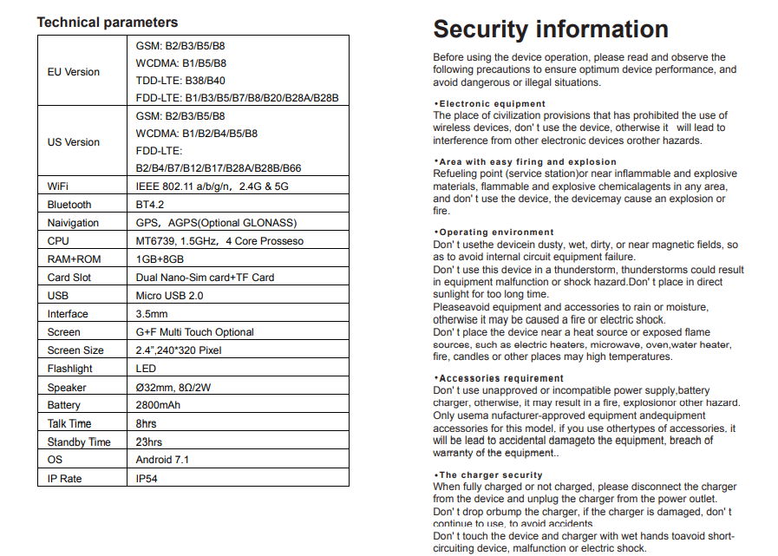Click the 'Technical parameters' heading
(108, 23)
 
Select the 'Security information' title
(551, 29)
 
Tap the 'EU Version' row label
(74, 72)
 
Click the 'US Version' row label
(74, 142)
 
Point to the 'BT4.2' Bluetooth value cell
(150, 205)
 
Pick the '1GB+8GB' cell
(160, 259)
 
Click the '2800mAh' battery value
(158, 405)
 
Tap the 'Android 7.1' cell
(162, 460)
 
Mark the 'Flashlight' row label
(70, 369)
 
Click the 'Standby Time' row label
(79, 442)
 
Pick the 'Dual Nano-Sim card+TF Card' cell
(205, 278)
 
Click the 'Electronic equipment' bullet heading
(492, 104)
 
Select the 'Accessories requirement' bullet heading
(500, 379)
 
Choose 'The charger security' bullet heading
(490, 475)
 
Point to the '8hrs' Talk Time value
(146, 423)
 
